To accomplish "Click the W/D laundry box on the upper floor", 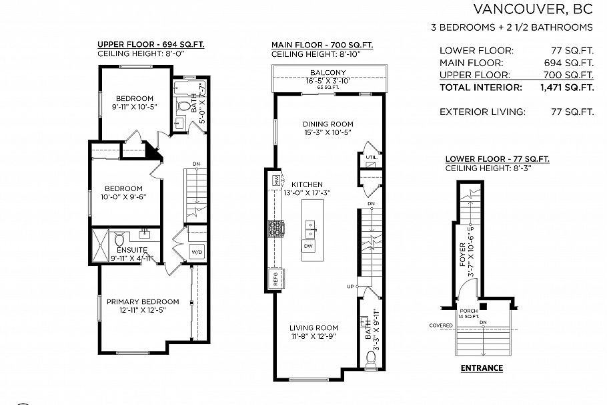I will [x=197, y=252].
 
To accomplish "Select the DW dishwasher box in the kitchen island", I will [x=308, y=246].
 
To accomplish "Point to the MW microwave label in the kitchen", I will [x=275, y=180].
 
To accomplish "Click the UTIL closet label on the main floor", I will [x=371, y=157].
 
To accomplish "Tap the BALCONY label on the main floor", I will [x=328, y=72].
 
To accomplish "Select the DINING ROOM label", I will [x=328, y=124].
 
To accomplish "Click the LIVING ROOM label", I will [x=314, y=327].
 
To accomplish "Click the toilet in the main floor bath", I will [x=372, y=359].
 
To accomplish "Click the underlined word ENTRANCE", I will [x=482, y=368].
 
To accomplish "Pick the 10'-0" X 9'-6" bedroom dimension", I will [x=124, y=197].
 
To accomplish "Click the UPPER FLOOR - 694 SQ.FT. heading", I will [x=151, y=45].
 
